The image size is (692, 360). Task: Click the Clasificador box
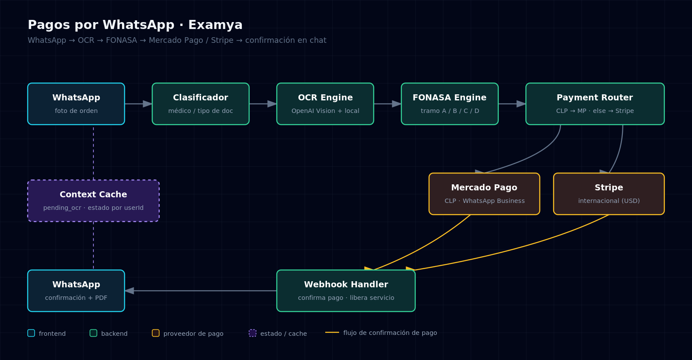(201, 104)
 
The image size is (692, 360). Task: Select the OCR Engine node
(325, 104)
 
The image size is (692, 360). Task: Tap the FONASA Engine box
(450, 104)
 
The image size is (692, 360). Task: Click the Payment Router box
(595, 104)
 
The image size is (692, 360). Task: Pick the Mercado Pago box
(484, 194)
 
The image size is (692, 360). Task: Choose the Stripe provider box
(609, 194)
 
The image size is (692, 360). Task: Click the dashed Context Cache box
(93, 201)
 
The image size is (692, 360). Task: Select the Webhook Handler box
(346, 291)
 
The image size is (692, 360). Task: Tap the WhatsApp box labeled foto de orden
(76, 104)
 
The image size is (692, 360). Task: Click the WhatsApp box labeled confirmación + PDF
(76, 291)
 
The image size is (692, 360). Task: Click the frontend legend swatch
(31, 333)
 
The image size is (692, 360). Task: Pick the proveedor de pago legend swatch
(156, 333)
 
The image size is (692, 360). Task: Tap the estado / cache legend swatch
(253, 333)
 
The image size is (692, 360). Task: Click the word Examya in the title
(215, 25)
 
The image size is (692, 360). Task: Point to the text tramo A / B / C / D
(450, 111)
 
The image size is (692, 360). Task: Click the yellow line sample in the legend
(332, 332)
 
